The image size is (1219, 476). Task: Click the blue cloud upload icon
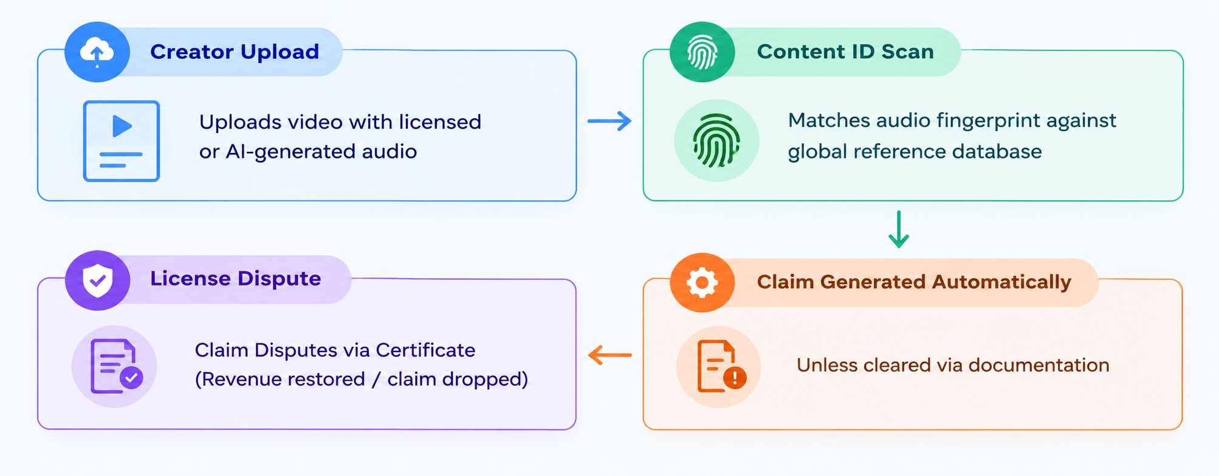pos(97,52)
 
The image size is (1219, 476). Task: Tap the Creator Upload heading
pos(235,52)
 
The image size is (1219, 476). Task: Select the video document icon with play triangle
pos(122,141)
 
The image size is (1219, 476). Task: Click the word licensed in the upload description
pos(440,122)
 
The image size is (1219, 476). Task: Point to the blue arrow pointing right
pos(609,121)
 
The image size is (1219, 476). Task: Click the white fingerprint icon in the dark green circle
pos(702,52)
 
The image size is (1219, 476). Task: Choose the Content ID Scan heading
pos(845,52)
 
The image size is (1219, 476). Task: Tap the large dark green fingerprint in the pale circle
pos(716,141)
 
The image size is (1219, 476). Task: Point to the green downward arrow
pos(899,229)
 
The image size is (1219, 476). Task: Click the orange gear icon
pos(702,282)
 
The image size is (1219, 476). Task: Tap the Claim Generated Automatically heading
pos(914,282)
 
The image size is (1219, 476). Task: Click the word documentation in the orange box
pos(1039,365)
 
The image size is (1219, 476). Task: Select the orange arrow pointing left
pos(610,355)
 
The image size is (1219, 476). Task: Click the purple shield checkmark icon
pos(97,280)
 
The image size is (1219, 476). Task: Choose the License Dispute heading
pos(236,279)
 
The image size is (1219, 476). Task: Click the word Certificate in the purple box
pos(425,350)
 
